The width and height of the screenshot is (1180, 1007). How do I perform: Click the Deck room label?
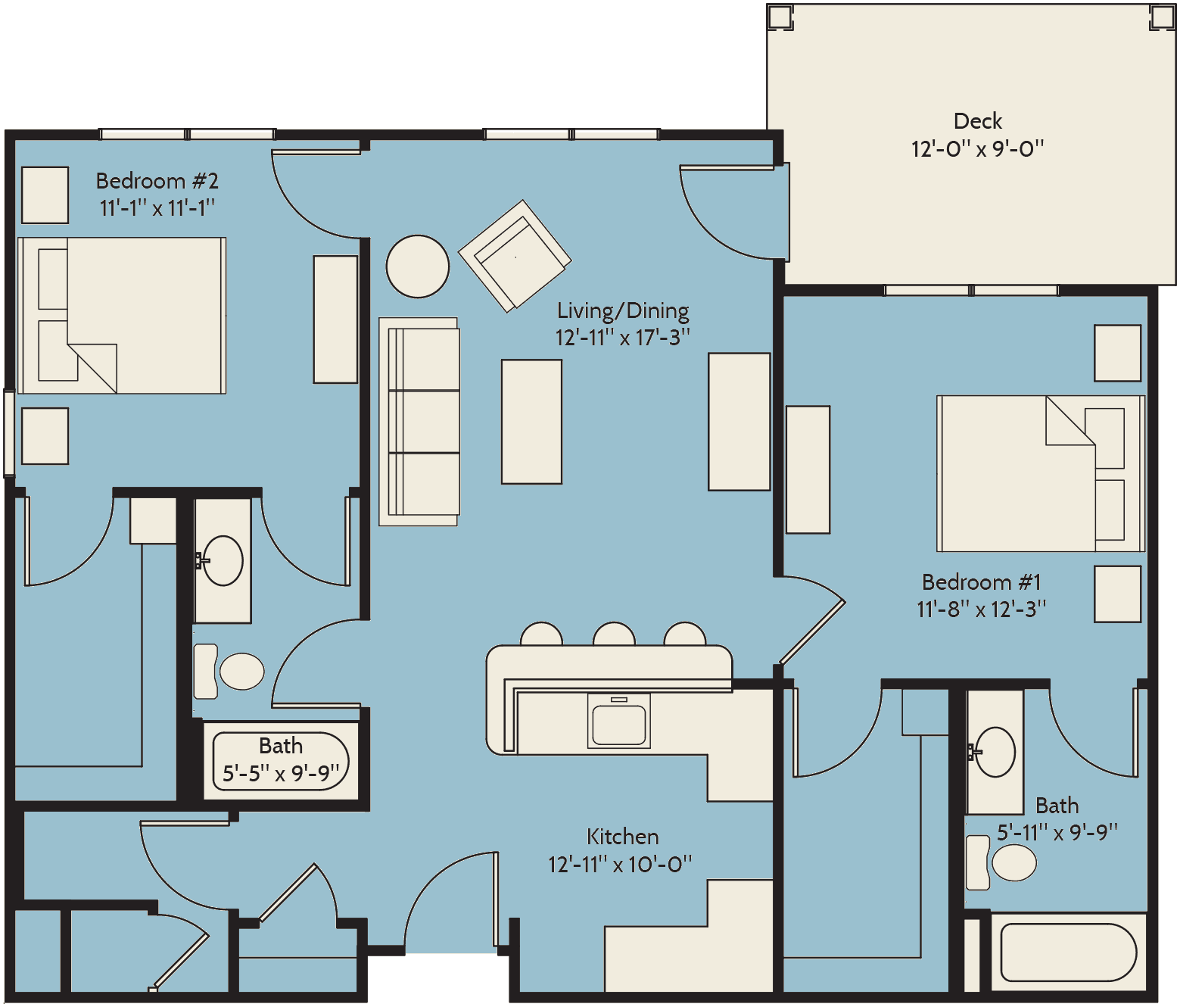tap(977, 121)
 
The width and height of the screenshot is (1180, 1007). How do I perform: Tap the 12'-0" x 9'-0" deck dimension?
tap(977, 149)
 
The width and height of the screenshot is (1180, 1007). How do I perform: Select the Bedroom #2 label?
tap(157, 181)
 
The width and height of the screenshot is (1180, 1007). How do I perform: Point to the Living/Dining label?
tap(623, 311)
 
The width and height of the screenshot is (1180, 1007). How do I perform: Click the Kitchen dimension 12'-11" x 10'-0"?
tap(620, 864)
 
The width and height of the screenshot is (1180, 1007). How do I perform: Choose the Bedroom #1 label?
tap(982, 582)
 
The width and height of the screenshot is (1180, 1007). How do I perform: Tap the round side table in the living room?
tap(418, 267)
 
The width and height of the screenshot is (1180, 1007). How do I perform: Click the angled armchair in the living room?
tap(515, 256)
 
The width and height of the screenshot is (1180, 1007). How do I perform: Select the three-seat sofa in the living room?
tap(419, 422)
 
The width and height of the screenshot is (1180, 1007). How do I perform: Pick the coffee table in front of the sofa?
tap(531, 422)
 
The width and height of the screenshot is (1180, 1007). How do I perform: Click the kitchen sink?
tap(619, 721)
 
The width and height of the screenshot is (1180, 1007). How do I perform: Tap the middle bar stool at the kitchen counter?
tap(614, 634)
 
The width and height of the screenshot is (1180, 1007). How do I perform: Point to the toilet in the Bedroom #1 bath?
tap(1001, 862)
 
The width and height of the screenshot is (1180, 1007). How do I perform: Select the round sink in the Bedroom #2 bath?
tap(223, 560)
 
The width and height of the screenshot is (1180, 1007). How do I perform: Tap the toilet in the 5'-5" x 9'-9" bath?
tap(229, 671)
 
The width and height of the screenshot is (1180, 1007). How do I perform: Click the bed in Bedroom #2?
tap(122, 315)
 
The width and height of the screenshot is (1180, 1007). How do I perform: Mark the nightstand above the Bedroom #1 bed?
tap(1117, 353)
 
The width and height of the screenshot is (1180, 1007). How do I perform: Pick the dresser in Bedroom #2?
tap(335, 320)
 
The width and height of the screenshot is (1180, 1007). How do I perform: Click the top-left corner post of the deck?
tap(780, 17)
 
